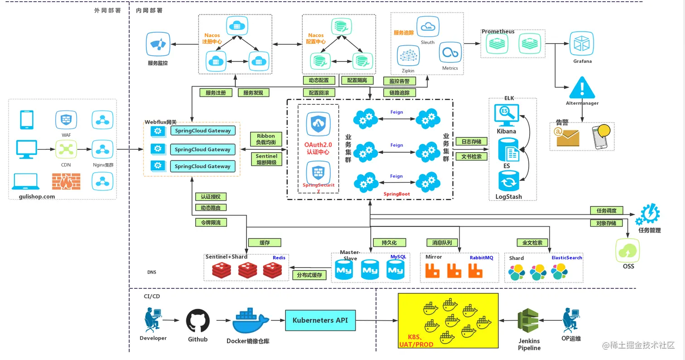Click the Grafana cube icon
coord(582,44)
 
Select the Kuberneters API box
coord(320,320)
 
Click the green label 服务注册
coord(216,92)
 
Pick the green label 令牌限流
coord(211,222)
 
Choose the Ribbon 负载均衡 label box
coord(266,139)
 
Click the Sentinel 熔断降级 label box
coord(266,159)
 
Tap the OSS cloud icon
coord(628,250)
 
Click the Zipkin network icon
coord(408,56)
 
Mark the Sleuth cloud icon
coord(427,27)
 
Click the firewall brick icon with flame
coord(66,182)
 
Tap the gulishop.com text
coord(37,197)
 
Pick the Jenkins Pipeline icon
coord(529,322)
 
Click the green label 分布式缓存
coord(309,275)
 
